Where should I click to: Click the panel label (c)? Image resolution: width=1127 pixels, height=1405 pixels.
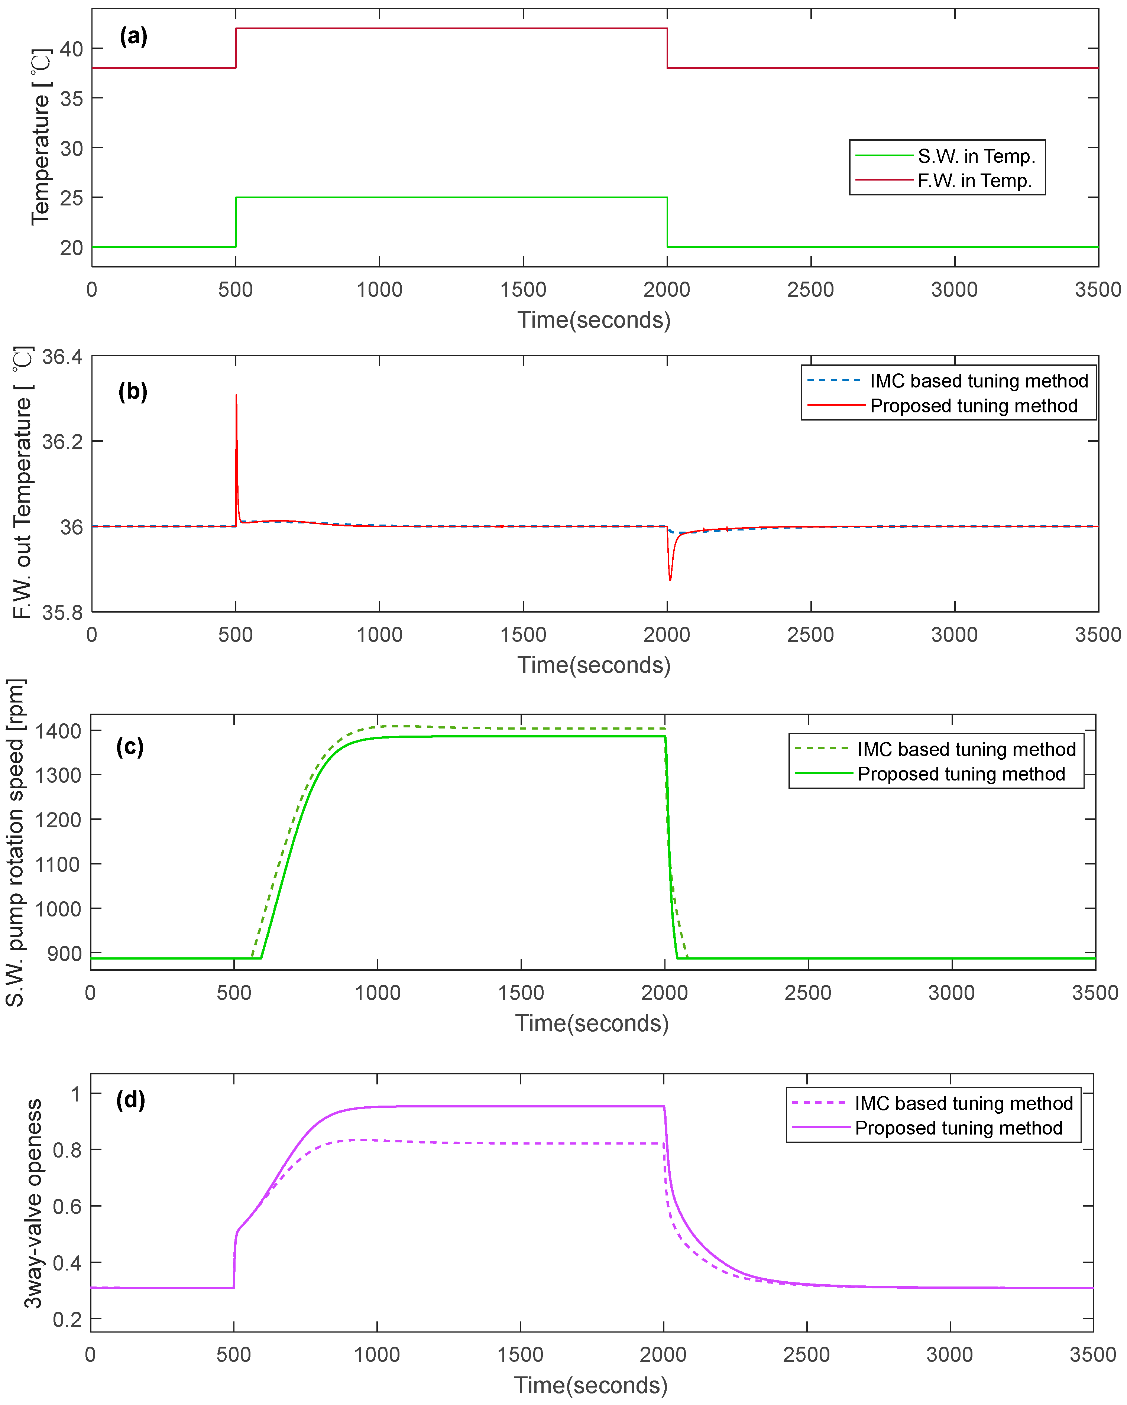tap(130, 746)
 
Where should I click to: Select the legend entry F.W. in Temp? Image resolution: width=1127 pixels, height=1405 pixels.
tap(975, 181)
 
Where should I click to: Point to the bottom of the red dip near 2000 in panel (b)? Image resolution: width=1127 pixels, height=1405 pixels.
tap(670, 579)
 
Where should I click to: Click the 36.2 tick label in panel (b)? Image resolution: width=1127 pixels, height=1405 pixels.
tap(62, 442)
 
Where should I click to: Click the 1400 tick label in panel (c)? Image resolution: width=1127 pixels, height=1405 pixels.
tap(58, 731)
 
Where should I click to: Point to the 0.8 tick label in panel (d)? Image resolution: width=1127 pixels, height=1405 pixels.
tap(67, 1149)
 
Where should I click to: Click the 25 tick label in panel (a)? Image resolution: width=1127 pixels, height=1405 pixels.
tap(72, 198)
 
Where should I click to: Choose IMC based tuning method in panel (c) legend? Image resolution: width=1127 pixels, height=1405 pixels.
tap(966, 749)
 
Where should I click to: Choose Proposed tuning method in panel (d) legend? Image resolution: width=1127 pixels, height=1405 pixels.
tap(958, 1128)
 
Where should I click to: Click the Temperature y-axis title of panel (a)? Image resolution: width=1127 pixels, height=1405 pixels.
tap(41, 137)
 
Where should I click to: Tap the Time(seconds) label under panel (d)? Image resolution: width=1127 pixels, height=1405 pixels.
tap(590, 1385)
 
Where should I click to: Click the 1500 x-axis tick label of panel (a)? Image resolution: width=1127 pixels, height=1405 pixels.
tap(523, 289)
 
